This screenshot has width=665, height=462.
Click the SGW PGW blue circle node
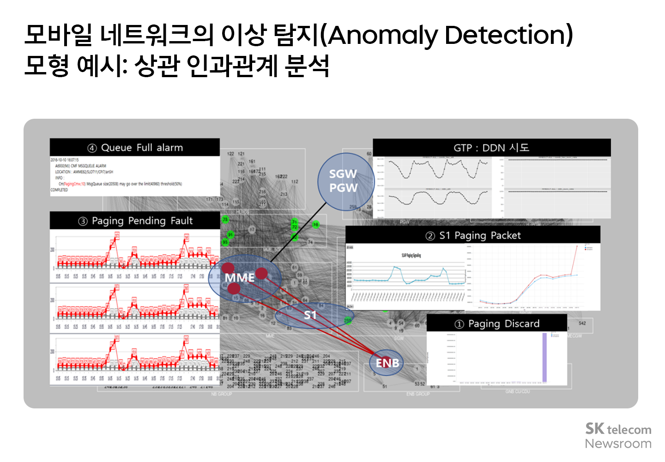344,181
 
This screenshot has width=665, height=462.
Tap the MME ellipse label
240,278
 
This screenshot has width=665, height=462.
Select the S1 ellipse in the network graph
310,315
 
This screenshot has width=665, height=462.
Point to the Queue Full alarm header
135,148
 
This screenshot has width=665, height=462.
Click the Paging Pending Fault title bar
135,221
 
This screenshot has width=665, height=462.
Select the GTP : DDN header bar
491,148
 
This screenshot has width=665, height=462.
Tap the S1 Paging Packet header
473,236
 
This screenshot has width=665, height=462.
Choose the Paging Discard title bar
497,323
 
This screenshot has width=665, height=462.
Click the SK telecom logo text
618,429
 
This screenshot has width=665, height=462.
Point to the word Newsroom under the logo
618,444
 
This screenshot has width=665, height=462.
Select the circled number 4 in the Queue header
92,148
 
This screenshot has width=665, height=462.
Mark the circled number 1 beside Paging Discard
459,324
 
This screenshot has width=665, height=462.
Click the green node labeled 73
225,219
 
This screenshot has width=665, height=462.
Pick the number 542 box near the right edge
582,323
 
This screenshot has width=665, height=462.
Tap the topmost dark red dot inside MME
228,268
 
